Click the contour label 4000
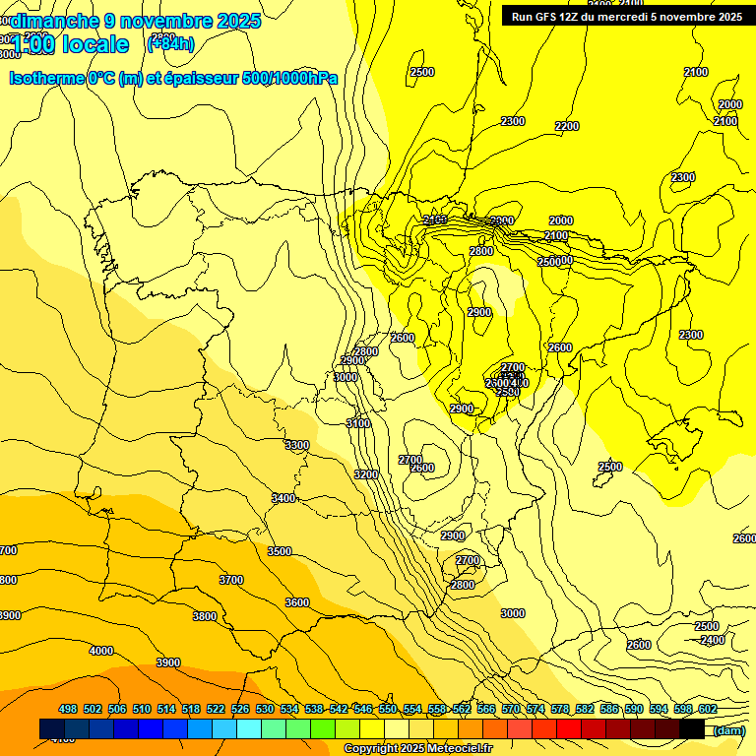click(100, 651)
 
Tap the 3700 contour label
click(231, 580)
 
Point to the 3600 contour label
click(296, 602)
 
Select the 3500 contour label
click(280, 551)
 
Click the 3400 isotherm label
click(283, 498)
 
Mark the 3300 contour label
click(296, 445)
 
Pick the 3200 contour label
click(366, 474)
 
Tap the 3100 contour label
click(358, 423)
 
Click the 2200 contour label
click(567, 126)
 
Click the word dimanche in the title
click(52, 21)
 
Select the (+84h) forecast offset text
click(170, 43)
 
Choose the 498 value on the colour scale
click(68, 709)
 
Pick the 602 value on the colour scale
click(707, 709)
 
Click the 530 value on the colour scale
click(265, 709)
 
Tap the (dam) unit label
click(729, 730)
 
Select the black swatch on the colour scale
click(692, 729)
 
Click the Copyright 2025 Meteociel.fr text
click(417, 749)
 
